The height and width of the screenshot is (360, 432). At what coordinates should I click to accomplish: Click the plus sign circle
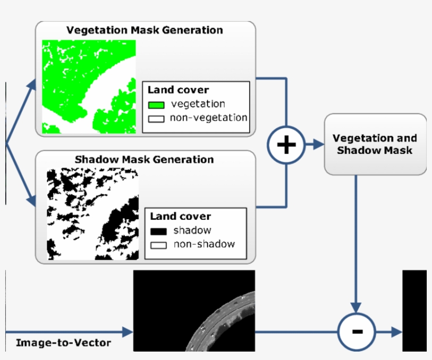pyautogui.click(x=286, y=144)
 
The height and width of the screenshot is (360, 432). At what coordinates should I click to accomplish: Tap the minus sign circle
pyautogui.click(x=357, y=332)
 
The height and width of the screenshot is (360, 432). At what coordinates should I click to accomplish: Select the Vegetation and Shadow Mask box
pyautogui.click(x=375, y=144)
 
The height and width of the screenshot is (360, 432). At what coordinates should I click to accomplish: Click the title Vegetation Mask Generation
pyautogui.click(x=144, y=30)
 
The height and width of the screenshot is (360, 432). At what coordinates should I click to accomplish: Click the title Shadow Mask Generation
pyautogui.click(x=144, y=159)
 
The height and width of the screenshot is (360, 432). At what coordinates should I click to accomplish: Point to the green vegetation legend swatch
pyautogui.click(x=156, y=105)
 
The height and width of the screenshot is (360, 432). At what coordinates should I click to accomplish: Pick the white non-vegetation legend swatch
pyautogui.click(x=156, y=118)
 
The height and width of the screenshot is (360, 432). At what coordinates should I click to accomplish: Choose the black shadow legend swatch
pyautogui.click(x=159, y=231)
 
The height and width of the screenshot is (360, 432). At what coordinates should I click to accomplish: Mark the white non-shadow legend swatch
pyautogui.click(x=159, y=245)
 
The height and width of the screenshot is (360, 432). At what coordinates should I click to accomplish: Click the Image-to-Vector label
pyautogui.click(x=63, y=343)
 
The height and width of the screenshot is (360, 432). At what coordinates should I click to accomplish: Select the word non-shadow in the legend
pyautogui.click(x=204, y=244)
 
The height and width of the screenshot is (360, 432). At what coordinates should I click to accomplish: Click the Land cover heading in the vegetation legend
pyautogui.click(x=178, y=90)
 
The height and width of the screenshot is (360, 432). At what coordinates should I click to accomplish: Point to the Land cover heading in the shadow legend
pyautogui.click(x=180, y=217)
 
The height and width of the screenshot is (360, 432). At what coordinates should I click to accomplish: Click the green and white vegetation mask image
pyautogui.click(x=89, y=86)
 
